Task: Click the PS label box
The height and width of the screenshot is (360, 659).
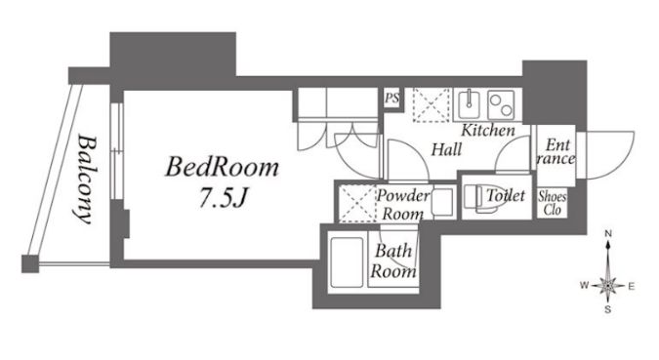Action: (x=392, y=99)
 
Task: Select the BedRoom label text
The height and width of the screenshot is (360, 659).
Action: (x=223, y=167)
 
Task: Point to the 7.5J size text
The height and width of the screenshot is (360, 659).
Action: (x=223, y=197)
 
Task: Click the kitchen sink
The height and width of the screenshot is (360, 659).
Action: (x=470, y=103)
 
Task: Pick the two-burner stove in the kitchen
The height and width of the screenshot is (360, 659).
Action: (x=501, y=104)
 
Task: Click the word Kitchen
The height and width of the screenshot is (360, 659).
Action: (x=488, y=130)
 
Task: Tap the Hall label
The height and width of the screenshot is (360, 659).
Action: (x=447, y=149)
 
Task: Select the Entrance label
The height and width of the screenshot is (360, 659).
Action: (x=556, y=151)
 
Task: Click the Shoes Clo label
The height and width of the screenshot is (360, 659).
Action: (x=553, y=203)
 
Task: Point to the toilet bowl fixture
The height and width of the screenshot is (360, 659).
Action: (x=478, y=197)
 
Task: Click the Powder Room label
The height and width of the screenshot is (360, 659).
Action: (x=402, y=205)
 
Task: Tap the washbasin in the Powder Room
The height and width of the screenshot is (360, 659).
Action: (x=442, y=202)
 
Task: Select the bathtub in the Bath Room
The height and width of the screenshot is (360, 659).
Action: (x=347, y=262)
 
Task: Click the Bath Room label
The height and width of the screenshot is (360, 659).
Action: (x=393, y=260)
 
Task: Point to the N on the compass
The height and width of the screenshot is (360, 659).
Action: (x=607, y=233)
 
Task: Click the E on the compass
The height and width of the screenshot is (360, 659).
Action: (x=631, y=287)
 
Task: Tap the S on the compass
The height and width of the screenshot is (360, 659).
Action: (x=607, y=310)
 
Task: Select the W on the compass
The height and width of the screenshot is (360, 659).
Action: (x=584, y=286)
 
